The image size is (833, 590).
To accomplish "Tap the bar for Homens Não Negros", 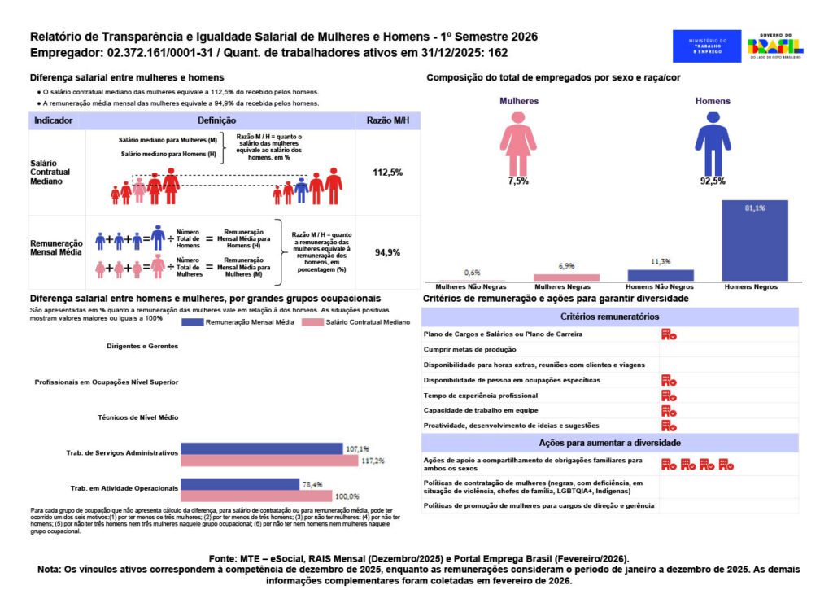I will tap(661, 275).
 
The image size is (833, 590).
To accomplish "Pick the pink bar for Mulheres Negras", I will tap(566, 278).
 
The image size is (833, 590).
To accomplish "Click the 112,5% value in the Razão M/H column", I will tap(387, 173).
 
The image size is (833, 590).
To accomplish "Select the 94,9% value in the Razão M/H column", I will tap(387, 252).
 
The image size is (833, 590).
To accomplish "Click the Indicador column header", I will tap(53, 120).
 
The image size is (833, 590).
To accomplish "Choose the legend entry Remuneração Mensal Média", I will tap(246, 322).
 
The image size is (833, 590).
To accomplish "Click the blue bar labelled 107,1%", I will tap(261, 449).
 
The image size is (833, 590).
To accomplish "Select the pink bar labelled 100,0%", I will tap(256, 496).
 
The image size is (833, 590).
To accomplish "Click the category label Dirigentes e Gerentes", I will tap(142, 346).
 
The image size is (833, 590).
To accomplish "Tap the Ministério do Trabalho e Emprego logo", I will tap(707, 46).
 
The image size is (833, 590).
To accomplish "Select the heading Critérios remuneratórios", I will tap(609, 317).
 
